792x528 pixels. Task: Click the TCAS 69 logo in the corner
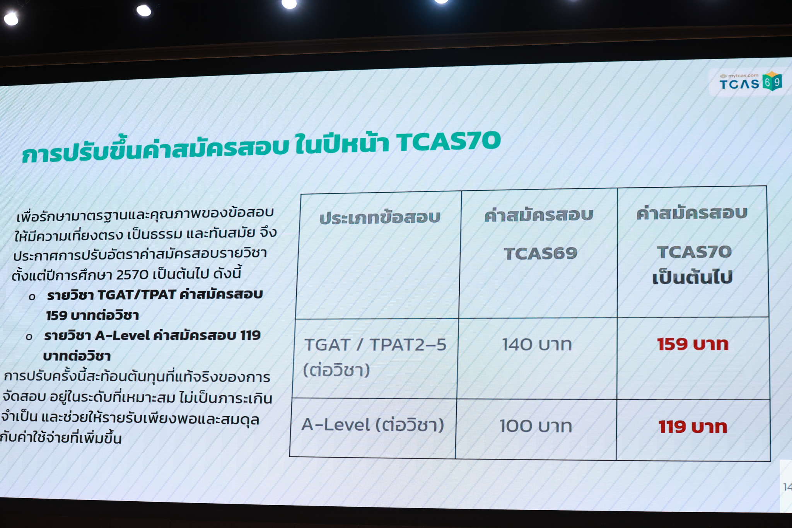click(x=750, y=82)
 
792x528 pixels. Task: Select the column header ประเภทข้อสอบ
click(x=380, y=218)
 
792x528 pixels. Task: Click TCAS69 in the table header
click(x=540, y=253)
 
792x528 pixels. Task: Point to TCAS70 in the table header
click(x=694, y=252)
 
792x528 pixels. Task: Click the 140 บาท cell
click(x=537, y=344)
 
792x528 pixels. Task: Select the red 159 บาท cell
click(x=693, y=344)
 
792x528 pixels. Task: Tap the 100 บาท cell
click(x=536, y=425)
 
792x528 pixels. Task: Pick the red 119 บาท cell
click(x=693, y=426)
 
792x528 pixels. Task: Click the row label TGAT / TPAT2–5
click(x=375, y=345)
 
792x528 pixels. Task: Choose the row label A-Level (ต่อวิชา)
click(x=373, y=425)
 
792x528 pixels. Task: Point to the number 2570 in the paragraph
click(x=132, y=275)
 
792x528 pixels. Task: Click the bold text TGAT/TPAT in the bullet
click(x=137, y=295)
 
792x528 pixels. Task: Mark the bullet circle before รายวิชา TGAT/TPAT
click(x=32, y=297)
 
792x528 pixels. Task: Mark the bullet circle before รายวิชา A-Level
click(x=29, y=337)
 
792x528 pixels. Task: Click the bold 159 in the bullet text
click(x=57, y=316)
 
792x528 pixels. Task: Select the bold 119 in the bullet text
click(x=250, y=335)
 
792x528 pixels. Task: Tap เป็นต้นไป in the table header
click(x=692, y=277)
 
